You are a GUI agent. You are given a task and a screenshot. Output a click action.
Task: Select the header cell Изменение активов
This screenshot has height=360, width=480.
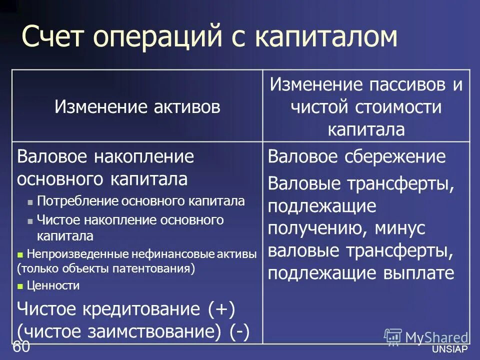pos(137,106)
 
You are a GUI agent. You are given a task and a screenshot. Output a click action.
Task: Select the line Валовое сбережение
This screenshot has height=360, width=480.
pos(356,156)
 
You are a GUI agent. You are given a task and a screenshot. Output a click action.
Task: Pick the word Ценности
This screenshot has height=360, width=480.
pos(53,286)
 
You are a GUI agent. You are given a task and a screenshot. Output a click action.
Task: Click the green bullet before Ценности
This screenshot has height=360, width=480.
pos(20,286)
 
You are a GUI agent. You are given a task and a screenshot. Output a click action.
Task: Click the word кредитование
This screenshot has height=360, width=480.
pos(137,309)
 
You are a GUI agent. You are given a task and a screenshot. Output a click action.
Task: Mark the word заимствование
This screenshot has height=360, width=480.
pos(135,331)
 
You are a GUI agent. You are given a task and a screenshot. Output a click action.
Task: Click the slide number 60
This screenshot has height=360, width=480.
pos(21,346)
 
